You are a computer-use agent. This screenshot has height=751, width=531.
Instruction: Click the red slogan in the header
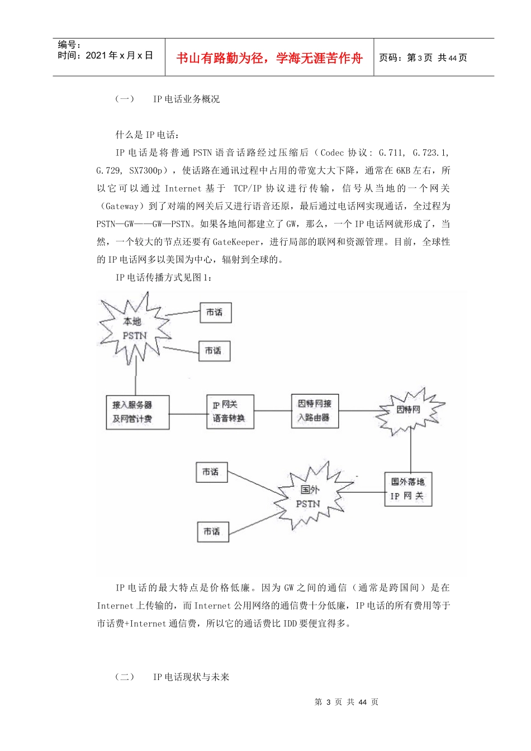[x=269, y=58]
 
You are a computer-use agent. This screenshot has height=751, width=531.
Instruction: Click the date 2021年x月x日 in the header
[x=105, y=55]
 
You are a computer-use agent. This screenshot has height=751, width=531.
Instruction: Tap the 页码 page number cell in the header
[x=423, y=58]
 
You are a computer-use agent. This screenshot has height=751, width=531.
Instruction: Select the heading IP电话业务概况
[x=186, y=99]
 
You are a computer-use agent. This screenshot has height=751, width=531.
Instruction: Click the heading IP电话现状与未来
[x=191, y=677]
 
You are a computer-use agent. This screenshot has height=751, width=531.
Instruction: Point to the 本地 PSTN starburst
[x=135, y=329]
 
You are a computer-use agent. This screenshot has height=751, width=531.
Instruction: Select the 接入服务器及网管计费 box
[x=138, y=412]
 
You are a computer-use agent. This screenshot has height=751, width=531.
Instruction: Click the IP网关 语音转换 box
[x=230, y=412]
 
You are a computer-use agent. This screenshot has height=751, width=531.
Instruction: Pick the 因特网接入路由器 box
[x=315, y=411]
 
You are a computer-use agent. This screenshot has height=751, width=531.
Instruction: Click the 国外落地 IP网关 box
[x=408, y=489]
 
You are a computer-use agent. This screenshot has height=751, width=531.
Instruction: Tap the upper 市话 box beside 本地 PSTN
[x=215, y=313]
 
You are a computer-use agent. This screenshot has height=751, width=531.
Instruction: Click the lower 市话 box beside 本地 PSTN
[x=214, y=351]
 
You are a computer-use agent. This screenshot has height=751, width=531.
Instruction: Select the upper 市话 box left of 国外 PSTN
[x=211, y=472]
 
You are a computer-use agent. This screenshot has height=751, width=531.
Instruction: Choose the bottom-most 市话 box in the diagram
[x=213, y=531]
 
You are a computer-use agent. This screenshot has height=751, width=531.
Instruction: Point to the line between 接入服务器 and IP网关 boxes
[x=188, y=414]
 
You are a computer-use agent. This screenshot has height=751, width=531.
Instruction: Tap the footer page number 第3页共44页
[x=347, y=702]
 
